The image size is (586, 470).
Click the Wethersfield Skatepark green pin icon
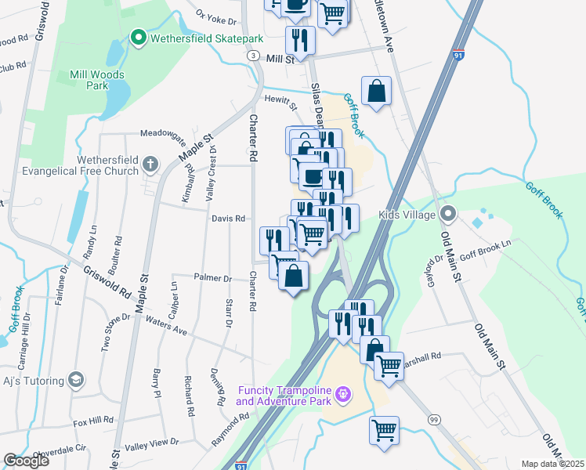[139, 37]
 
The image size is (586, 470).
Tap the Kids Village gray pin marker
[447, 213]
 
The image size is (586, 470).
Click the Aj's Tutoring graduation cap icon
[76, 381]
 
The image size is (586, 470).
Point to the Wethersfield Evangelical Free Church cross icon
[150, 164]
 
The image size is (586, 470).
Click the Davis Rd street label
[229, 219]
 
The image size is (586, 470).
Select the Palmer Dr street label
[212, 278]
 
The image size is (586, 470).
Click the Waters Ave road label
[167, 327]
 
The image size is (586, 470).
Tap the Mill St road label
[279, 59]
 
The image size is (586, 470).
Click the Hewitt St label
[281, 101]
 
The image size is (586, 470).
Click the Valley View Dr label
[152, 445]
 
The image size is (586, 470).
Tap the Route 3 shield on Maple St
[253, 56]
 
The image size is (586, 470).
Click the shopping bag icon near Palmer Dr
[293, 277]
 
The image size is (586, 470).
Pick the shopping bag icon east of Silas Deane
[376, 91]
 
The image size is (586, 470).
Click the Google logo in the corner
[26, 461]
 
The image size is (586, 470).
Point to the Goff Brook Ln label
[485, 245]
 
